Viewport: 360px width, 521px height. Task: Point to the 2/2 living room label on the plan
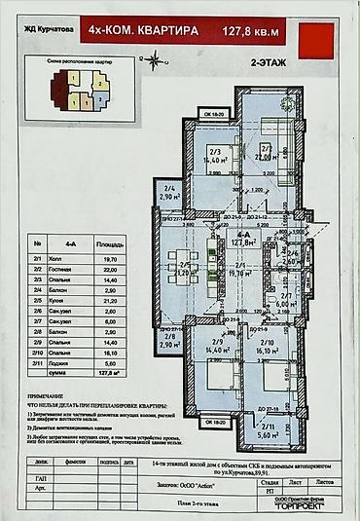coord(263,151)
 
